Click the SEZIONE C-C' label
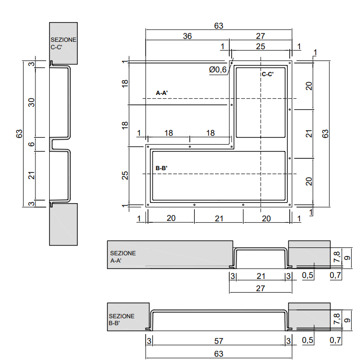63,44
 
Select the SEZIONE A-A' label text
123,257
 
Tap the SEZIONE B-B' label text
121,320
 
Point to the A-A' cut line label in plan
162,92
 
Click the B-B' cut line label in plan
162,168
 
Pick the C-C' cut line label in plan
268,74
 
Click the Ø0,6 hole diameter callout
218,70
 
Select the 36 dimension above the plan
187,36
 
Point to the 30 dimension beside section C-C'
31,102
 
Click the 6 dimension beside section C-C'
31,144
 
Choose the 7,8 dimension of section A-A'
337,256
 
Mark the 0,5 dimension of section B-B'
308,340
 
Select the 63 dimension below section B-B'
218,354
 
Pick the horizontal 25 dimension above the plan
261,46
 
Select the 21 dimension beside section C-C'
31,174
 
